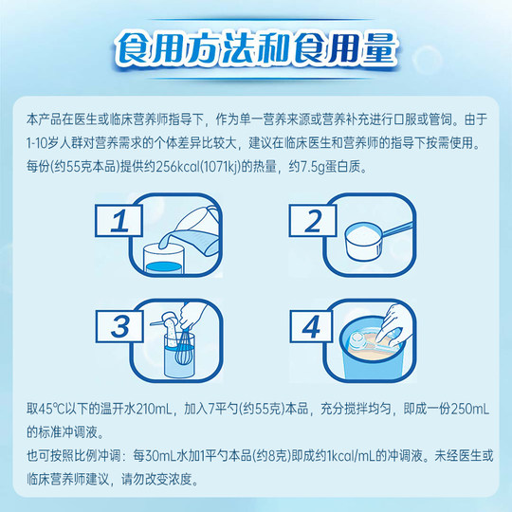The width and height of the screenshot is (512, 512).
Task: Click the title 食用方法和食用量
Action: [256, 47]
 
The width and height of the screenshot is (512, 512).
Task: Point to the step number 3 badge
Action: [120, 328]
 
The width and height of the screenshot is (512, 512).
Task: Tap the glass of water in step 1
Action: [166, 259]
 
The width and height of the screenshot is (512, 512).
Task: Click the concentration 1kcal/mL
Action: [364, 456]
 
